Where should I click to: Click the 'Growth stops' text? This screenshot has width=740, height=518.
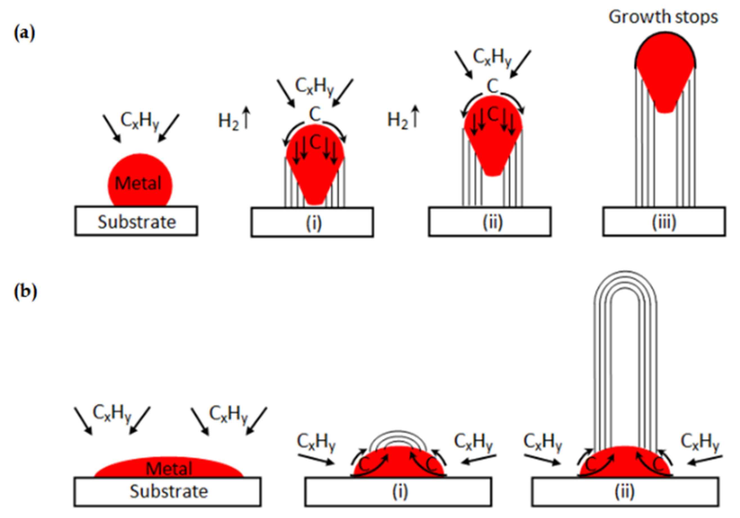click(x=663, y=17)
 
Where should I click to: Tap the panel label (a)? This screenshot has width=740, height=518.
click(x=24, y=34)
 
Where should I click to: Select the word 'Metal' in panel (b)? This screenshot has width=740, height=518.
click(x=169, y=468)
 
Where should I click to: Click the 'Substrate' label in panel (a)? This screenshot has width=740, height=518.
click(x=137, y=222)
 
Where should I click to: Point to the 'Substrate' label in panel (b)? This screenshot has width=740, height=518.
click(x=169, y=491)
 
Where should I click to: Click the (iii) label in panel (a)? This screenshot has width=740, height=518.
click(x=664, y=222)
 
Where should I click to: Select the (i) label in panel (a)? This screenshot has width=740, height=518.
click(x=313, y=223)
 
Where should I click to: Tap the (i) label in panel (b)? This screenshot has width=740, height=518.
click(x=400, y=491)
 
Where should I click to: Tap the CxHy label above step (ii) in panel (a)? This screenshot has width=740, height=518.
click(x=492, y=58)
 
